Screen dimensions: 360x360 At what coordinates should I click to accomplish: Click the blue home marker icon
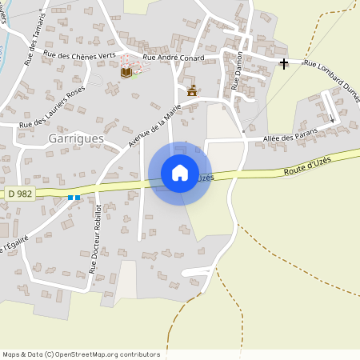pos(180,173)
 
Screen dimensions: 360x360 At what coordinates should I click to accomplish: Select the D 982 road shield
pos(22,193)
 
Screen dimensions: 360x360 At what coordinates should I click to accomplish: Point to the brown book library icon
pos(126,72)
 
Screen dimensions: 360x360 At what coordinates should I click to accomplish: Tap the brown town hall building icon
pos(191,90)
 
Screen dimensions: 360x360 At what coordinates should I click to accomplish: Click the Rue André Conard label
pos(173,58)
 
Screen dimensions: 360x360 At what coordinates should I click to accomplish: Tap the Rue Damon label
pos(236,70)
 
